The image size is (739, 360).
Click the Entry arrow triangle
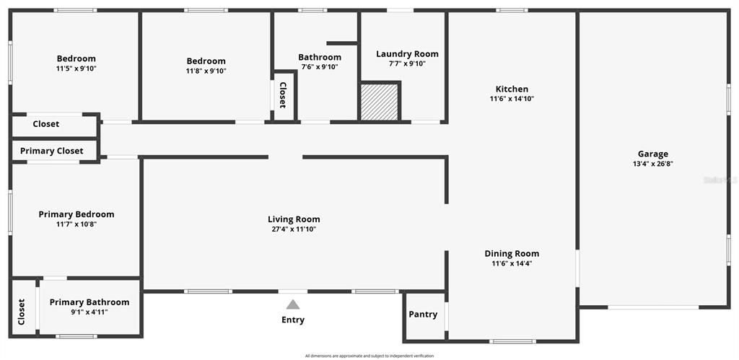pos(292,304)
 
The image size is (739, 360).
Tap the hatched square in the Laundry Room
pos(380,102)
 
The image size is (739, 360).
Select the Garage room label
pos(652,154)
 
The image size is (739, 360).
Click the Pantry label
pos(423,315)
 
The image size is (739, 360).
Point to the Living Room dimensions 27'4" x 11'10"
pos(294,229)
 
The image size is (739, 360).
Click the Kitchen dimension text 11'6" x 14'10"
pos(512,99)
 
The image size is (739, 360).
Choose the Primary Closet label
pos(51,151)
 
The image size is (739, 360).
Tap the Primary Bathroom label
pos(89,302)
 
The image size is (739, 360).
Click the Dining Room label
pos(512,253)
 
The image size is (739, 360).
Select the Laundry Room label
pos(407,54)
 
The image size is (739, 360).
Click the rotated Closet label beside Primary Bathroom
pos(22,312)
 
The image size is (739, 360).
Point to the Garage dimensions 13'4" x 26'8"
pos(652,164)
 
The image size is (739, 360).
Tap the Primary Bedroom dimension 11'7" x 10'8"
pos(76,224)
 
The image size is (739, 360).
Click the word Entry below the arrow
pos(293,320)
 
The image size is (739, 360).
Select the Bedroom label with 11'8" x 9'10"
pos(206,61)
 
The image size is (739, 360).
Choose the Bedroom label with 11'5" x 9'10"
pos(76,58)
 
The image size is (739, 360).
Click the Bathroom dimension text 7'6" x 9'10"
pos(320,67)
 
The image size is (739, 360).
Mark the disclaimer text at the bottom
pos(369,356)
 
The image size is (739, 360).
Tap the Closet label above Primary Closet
pos(46,124)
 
